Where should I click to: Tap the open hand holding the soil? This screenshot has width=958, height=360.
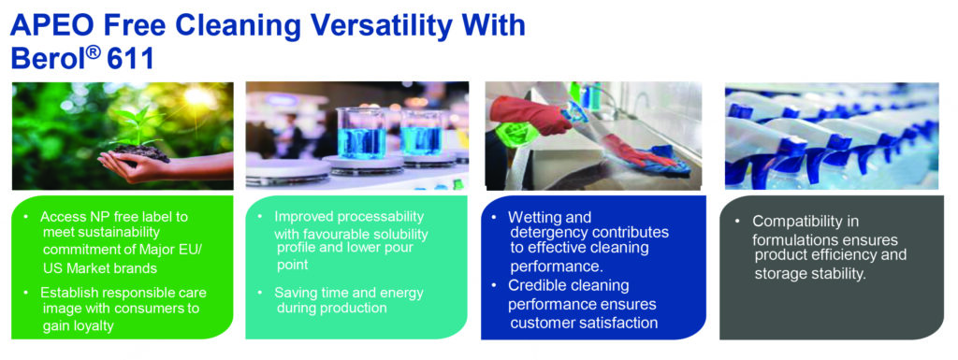tap(131, 164)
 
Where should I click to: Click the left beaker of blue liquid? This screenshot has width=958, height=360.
tap(361, 133)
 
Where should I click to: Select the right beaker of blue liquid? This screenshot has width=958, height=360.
tap(422, 132)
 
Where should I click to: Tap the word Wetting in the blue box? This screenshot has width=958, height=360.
tap(532, 217)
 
